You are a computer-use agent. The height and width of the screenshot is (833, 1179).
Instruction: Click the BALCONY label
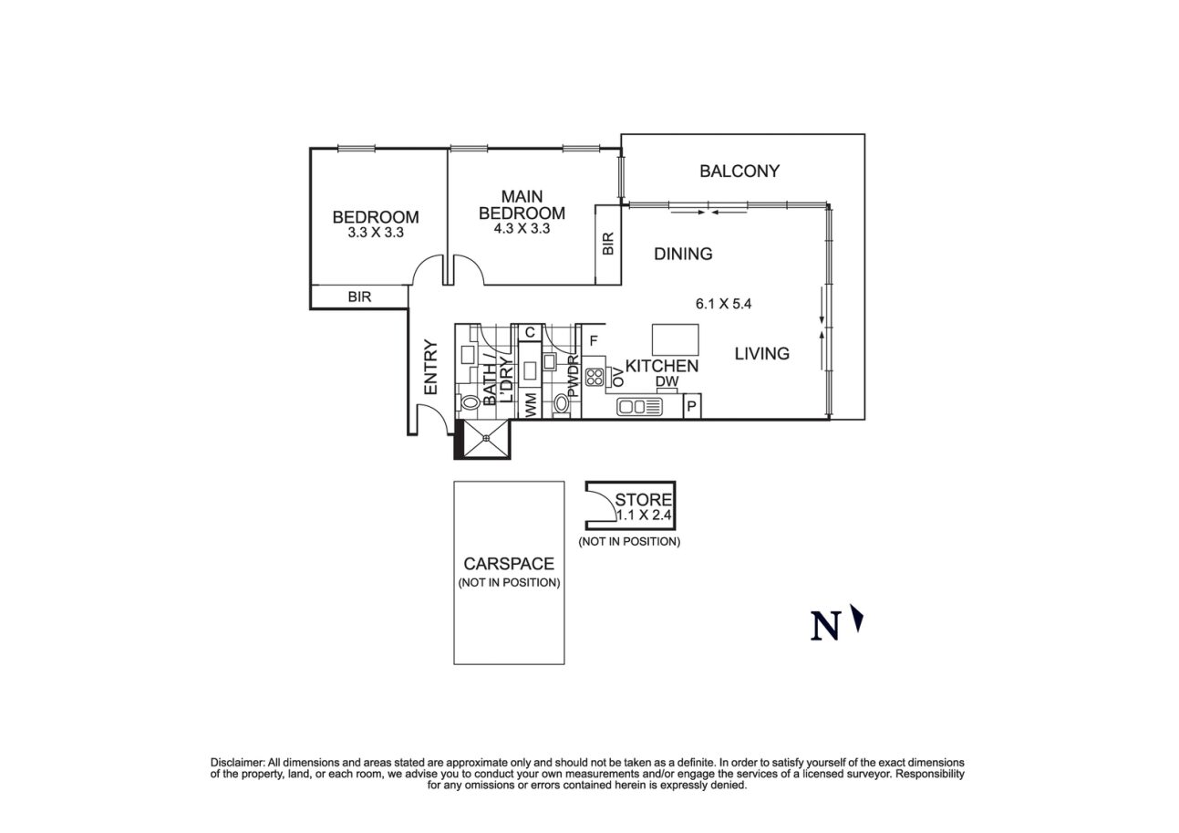tap(739, 171)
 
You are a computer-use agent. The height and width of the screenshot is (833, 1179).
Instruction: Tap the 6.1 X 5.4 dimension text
tap(723, 304)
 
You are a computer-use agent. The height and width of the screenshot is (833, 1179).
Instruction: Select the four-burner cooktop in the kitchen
tap(595, 377)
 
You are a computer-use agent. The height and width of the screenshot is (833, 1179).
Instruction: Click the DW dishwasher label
tap(666, 382)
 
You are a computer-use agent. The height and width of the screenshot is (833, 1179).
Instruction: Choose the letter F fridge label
tap(593, 341)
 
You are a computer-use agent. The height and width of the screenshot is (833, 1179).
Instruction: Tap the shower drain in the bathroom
tap(487, 439)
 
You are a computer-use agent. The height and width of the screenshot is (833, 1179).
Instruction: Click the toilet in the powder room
tap(562, 401)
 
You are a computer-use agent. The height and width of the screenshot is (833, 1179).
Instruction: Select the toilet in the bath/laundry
tap(471, 401)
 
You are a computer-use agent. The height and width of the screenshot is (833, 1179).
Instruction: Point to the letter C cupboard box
tap(529, 331)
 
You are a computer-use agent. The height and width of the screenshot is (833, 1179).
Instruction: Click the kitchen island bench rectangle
tap(676, 339)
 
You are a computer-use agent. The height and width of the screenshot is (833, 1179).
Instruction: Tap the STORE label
tap(644, 500)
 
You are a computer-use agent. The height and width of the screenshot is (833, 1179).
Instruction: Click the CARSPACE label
tap(508, 564)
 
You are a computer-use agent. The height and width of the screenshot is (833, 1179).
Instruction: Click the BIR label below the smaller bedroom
tap(358, 297)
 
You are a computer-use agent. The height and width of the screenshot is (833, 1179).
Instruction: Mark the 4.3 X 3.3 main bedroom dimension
tap(522, 229)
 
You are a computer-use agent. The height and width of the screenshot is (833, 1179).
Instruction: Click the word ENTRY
tap(430, 368)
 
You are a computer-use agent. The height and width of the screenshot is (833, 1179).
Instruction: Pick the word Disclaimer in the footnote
tap(237, 762)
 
